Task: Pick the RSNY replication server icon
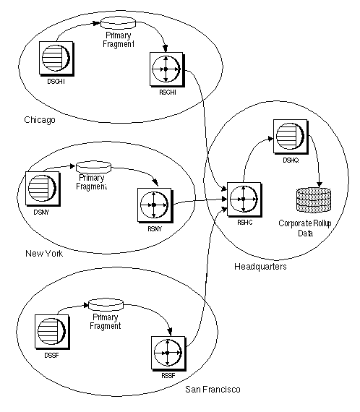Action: (153, 205)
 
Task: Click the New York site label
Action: (44, 254)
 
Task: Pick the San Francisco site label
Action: (213, 390)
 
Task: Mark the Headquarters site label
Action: (261, 267)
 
